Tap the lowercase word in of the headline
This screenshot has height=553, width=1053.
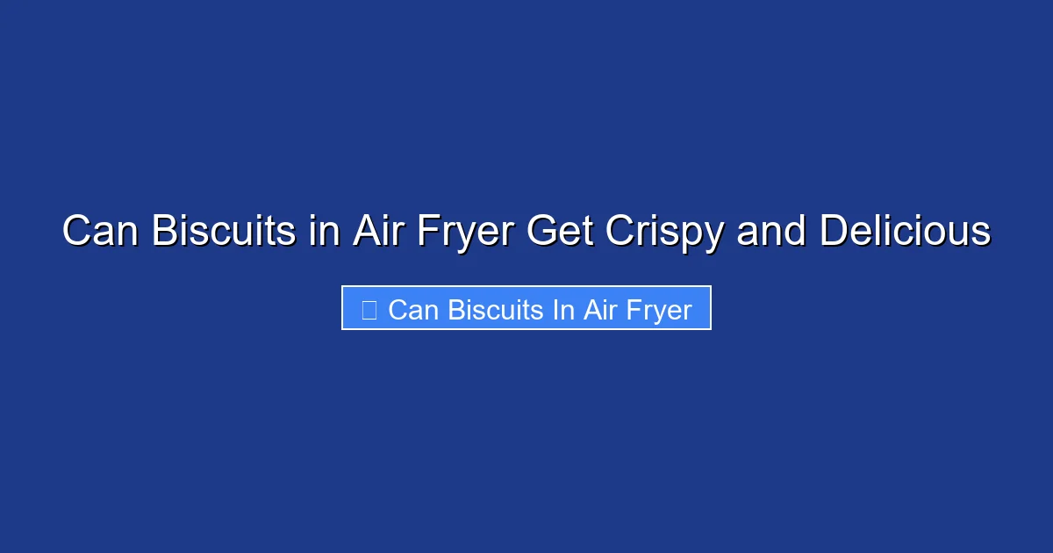click(325, 232)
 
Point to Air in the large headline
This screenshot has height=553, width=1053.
click(377, 232)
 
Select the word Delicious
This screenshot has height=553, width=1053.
click(906, 232)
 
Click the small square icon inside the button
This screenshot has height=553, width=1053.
click(369, 309)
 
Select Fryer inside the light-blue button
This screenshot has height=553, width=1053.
click(659, 309)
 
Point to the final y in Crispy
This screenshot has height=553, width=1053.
click(715, 235)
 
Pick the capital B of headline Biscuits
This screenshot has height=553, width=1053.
click(164, 232)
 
